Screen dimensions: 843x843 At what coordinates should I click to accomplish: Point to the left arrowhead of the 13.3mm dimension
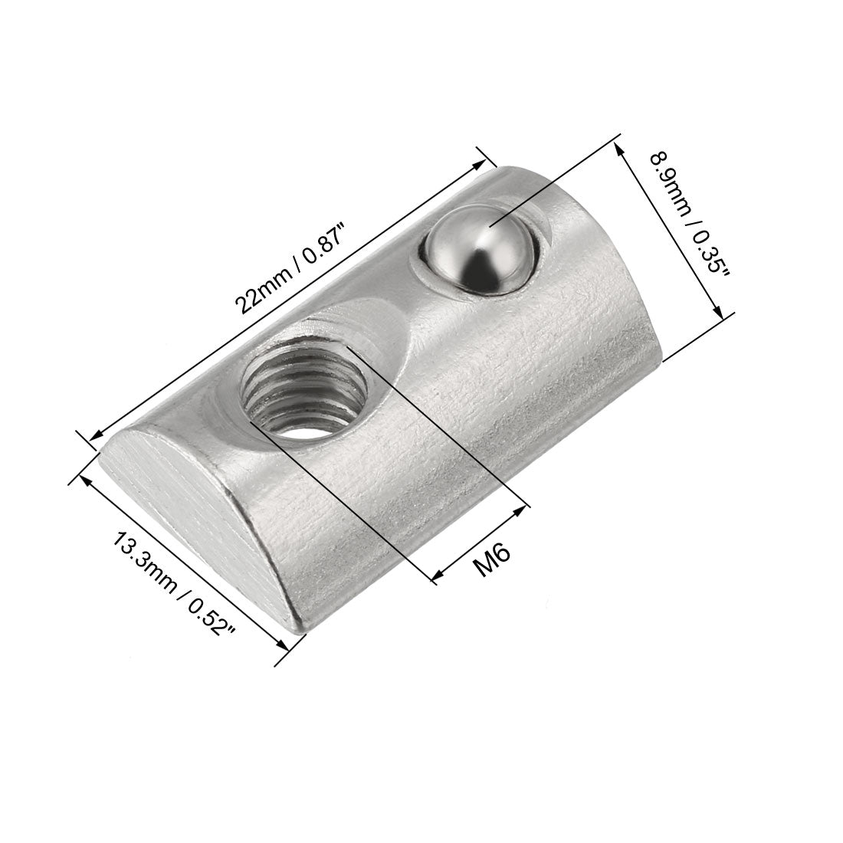pos(84,479)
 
